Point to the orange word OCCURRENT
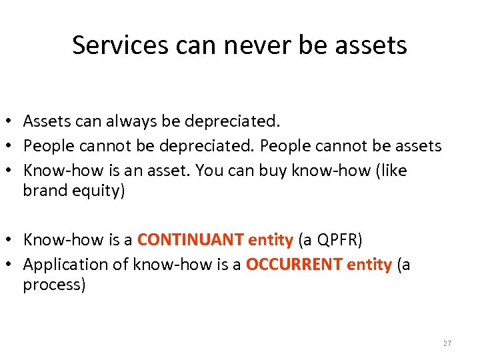pyautogui.click(x=294, y=265)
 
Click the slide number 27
pyautogui.click(x=447, y=343)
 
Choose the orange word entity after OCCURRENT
pyautogui.click(x=369, y=265)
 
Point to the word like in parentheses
pyautogui.click(x=393, y=171)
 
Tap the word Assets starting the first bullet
pyautogui.click(x=46, y=121)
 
